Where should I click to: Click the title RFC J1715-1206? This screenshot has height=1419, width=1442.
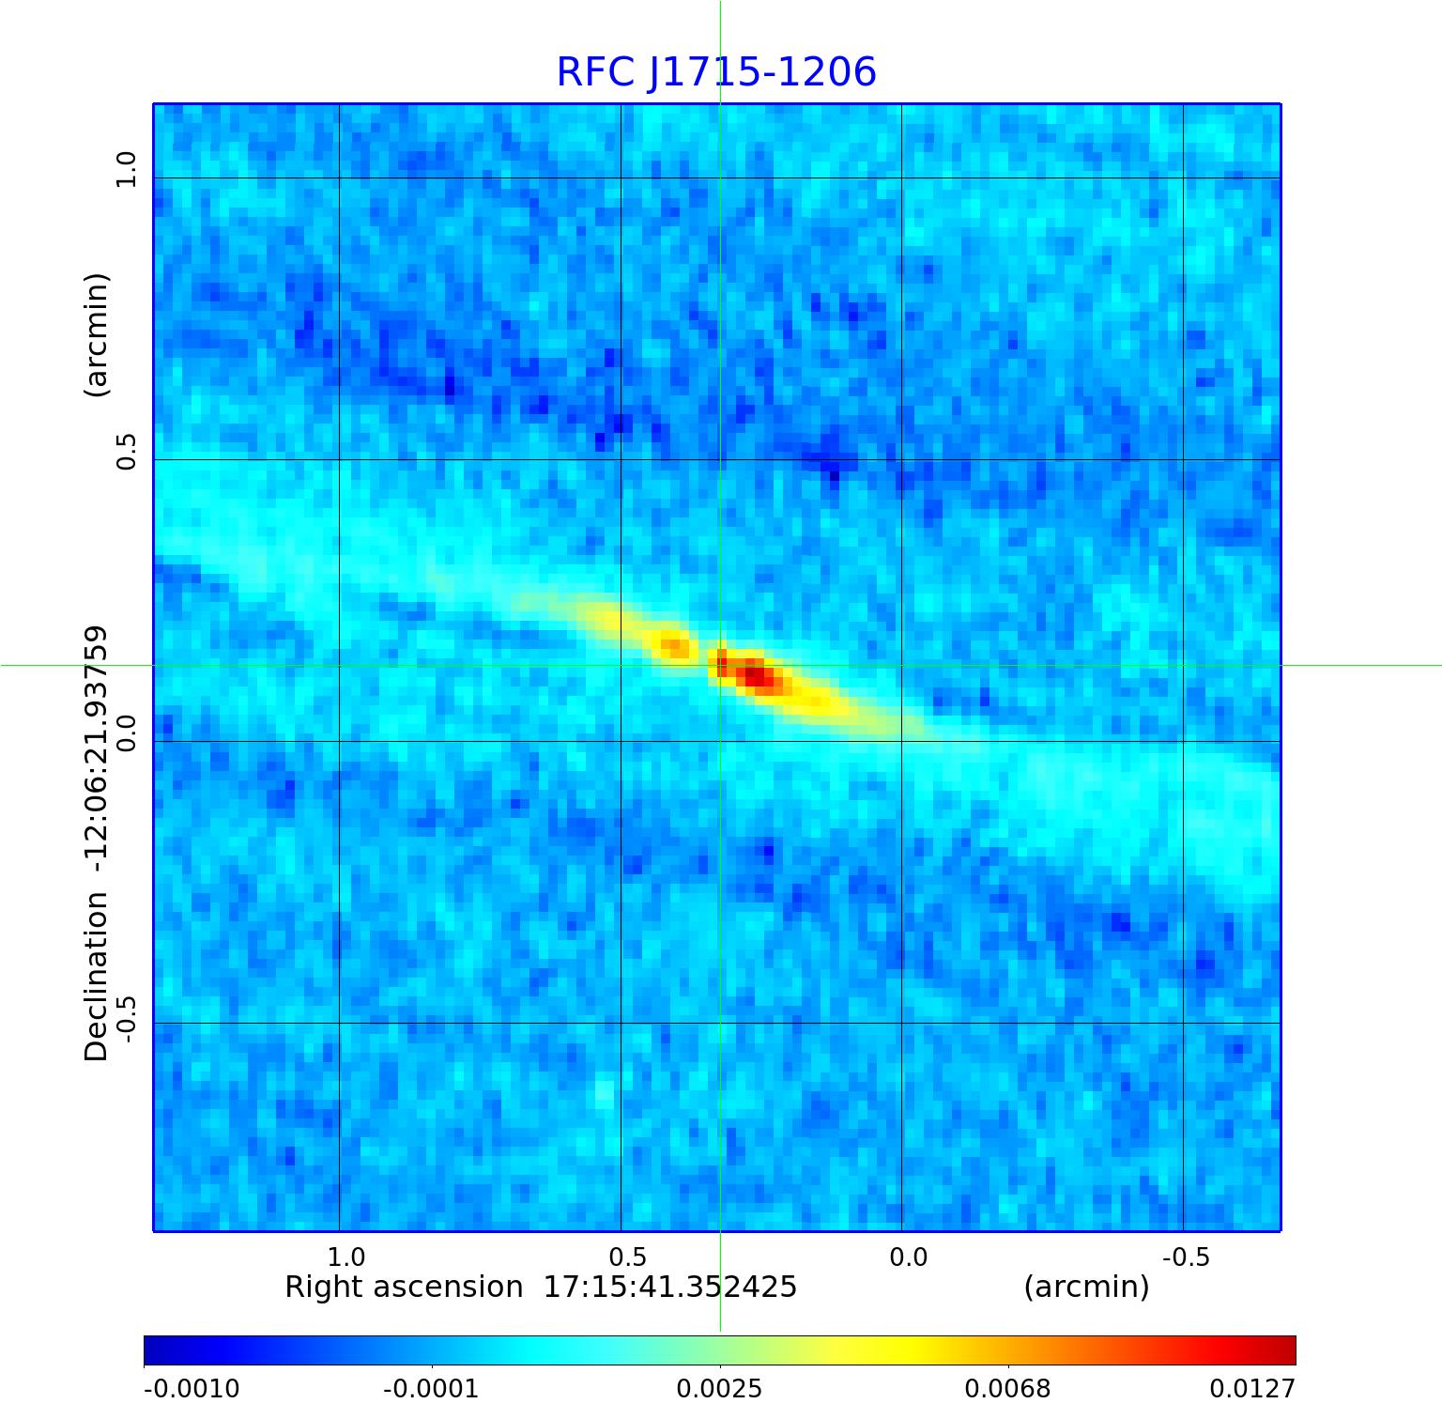[x=716, y=72]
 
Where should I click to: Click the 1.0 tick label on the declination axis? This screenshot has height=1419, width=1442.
[x=126, y=170]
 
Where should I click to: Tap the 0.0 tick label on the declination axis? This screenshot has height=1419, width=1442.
[x=126, y=733]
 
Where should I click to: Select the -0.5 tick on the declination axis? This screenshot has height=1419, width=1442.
[x=126, y=1014]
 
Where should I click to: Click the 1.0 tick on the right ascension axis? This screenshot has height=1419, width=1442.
[x=345, y=1257]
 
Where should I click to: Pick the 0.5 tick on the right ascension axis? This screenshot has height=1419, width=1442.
[x=627, y=1257]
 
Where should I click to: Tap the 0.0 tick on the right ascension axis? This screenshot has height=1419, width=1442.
[x=908, y=1257]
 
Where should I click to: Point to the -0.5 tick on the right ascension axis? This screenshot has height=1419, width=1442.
[x=1186, y=1257]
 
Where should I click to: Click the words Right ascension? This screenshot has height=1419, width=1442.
[x=404, y=1287]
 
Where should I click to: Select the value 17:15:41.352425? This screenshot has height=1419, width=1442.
[x=670, y=1287]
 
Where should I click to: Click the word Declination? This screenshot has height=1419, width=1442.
[x=97, y=977]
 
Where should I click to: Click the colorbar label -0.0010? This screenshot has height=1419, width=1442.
[x=192, y=1388]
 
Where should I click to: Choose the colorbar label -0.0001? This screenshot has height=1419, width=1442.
[x=431, y=1388]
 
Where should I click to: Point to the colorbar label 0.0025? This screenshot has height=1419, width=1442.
[x=719, y=1388]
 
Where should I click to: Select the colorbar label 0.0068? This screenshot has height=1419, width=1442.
[x=1007, y=1388]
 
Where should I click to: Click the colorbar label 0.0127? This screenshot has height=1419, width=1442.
[x=1252, y=1388]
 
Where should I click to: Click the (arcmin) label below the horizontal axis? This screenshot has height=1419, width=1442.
[x=1086, y=1287]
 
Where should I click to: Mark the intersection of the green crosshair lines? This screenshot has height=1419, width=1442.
[x=720, y=665]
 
